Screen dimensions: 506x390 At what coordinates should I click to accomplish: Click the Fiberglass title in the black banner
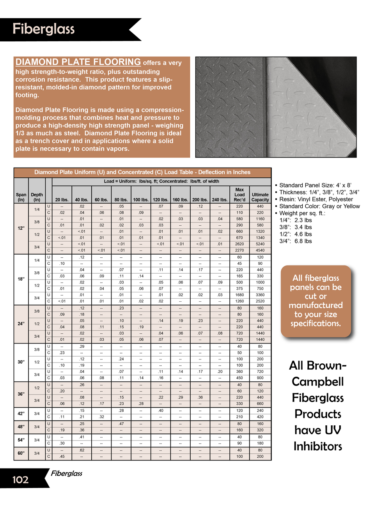tap(43, 29)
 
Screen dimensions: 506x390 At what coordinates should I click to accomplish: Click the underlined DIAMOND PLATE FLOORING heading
tap(78, 62)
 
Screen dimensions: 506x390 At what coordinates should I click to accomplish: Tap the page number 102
tap(20, 479)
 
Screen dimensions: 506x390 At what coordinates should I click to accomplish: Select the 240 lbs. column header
tap(220, 200)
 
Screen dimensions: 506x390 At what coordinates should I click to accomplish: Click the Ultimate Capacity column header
tap(260, 197)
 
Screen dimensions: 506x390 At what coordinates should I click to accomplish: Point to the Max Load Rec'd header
tap(239, 195)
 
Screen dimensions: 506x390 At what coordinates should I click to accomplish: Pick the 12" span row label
tap(21, 228)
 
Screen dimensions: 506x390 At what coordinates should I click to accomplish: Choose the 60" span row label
tap(21, 453)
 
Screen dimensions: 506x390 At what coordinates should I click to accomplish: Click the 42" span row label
tap(21, 413)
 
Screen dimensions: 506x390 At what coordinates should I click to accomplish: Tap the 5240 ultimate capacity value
tap(260, 244)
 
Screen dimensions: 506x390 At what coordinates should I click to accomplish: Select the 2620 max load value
tap(239, 244)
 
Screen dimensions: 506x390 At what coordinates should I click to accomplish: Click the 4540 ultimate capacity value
tap(260, 250)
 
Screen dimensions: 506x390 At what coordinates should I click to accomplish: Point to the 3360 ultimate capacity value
tap(260, 295)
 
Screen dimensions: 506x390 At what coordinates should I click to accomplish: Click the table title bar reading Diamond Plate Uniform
tap(142, 172)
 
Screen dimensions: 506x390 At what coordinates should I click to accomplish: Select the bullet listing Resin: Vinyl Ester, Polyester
tap(316, 199)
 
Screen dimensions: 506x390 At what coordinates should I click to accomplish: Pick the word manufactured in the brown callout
tap(316, 305)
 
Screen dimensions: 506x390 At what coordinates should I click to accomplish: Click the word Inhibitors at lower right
tap(317, 446)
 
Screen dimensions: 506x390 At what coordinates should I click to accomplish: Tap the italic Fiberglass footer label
tap(67, 473)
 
